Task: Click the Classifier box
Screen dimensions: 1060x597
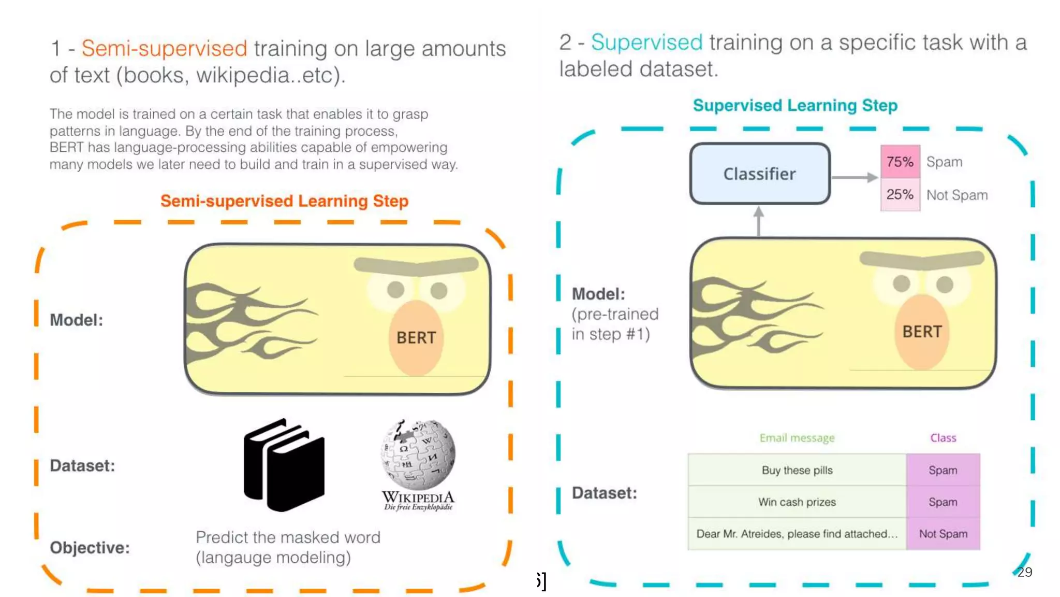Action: coord(760,174)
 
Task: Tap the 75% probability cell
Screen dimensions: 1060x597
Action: coord(900,162)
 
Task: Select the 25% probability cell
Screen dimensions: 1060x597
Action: coord(900,195)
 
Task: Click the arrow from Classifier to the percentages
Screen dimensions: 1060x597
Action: coord(855,177)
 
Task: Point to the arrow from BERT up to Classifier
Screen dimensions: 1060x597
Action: coord(759,222)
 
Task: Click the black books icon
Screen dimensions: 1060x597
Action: coord(284,465)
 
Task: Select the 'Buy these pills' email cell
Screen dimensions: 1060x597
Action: coord(797,470)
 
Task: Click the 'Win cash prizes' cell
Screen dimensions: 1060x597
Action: coord(797,502)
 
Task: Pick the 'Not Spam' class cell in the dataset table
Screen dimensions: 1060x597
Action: coord(943,534)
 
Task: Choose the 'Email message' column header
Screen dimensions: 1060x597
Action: coord(797,438)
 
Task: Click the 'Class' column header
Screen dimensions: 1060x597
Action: coord(943,438)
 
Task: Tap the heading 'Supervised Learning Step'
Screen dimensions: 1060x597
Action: coord(795,105)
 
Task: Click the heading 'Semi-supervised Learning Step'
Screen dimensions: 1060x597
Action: coord(284,201)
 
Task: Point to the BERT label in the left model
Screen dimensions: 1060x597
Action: coord(416,338)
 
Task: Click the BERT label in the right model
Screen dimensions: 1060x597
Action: coord(922,332)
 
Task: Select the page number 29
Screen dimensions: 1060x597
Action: coord(1024,572)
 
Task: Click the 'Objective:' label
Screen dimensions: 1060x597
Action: coord(90,548)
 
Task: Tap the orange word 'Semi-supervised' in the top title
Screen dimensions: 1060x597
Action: coord(164,48)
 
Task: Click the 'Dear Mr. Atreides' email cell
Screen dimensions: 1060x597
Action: coord(797,534)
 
